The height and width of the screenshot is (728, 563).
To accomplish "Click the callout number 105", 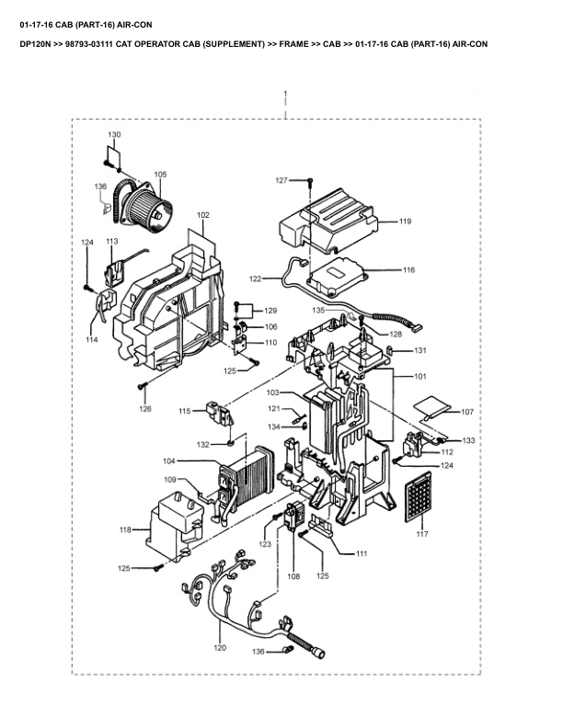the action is (160, 175).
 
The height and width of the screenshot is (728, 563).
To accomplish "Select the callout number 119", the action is (405, 222).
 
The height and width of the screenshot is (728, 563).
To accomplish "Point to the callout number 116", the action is (408, 269).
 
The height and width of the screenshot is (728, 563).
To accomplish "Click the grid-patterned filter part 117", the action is (418, 496).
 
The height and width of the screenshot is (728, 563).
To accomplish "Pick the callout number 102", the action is (203, 215).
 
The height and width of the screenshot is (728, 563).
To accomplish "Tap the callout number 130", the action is (114, 134).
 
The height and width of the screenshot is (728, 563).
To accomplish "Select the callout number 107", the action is (467, 412).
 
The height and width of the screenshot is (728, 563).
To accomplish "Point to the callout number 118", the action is (125, 529).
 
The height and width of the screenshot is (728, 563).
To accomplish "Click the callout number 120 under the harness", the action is (220, 648).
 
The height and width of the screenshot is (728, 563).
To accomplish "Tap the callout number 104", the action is (169, 461).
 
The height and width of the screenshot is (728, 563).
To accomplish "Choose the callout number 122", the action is (256, 279).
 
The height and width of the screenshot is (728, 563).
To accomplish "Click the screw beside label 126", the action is (142, 386).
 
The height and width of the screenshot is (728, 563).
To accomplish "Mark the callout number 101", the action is (419, 377).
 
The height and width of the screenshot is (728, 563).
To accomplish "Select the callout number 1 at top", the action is (285, 94).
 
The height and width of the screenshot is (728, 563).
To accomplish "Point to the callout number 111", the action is (362, 553).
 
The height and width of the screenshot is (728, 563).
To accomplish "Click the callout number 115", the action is (185, 411).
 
